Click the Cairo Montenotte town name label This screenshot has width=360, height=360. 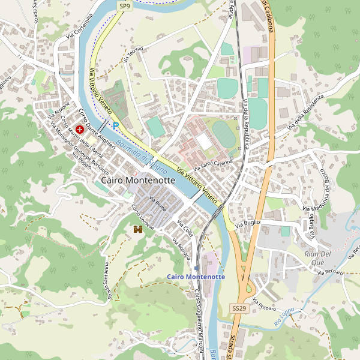[138, 180]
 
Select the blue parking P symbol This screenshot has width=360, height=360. [115, 126]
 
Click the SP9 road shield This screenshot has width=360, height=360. [124, 6]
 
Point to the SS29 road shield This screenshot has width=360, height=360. [239, 308]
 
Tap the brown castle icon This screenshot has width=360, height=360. [137, 229]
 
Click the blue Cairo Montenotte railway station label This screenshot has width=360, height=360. [196, 277]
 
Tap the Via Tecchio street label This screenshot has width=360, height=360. [133, 55]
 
